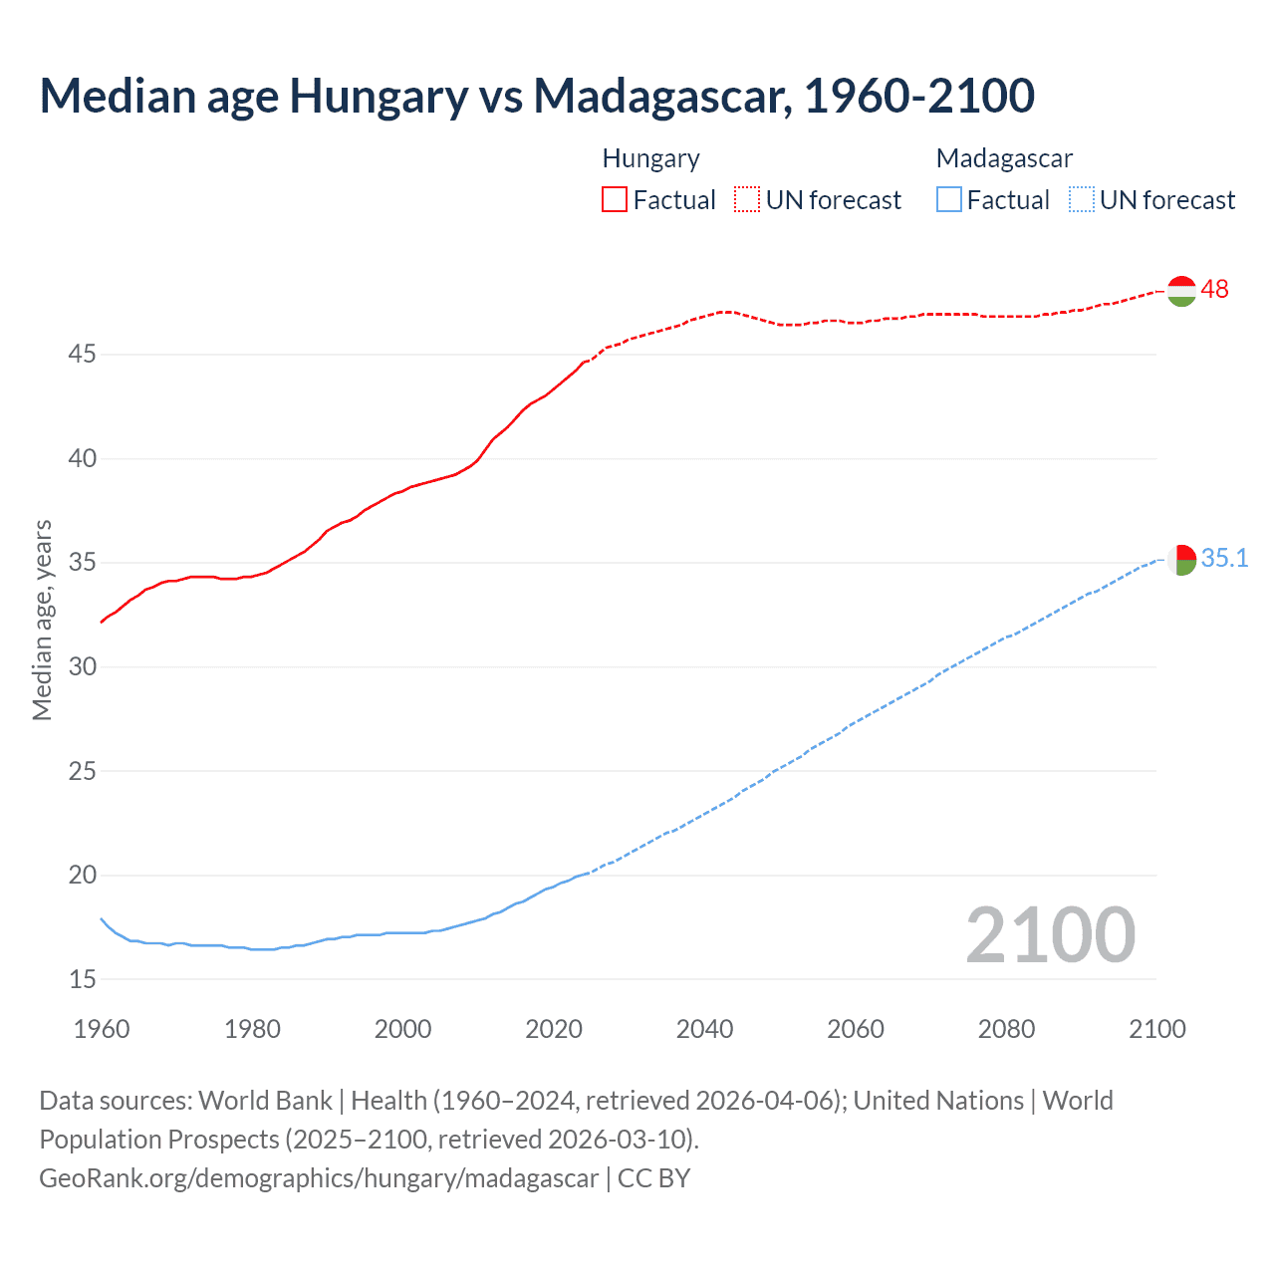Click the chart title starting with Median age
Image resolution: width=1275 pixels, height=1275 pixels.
(537, 96)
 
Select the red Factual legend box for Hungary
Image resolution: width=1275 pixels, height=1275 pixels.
(614, 200)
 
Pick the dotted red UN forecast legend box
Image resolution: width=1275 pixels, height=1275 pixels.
(746, 200)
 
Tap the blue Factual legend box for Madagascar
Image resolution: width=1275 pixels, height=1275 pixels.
(948, 200)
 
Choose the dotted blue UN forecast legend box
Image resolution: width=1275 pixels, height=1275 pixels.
(1081, 200)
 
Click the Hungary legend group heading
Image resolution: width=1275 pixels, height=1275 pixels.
(650, 158)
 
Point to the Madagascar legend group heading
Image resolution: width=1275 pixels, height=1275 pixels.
(1004, 158)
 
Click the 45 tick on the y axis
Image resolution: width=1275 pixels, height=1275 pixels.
(83, 355)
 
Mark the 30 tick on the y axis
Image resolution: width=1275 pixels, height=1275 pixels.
(83, 667)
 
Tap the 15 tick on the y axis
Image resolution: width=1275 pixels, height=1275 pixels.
(83, 980)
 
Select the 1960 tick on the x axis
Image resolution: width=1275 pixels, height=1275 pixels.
(102, 1029)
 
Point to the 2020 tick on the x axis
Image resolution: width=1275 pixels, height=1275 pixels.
(554, 1029)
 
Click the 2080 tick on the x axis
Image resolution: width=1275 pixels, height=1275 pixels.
(1006, 1029)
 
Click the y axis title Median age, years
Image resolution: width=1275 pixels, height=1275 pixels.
(42, 620)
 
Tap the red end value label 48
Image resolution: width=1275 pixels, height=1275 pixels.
(1214, 290)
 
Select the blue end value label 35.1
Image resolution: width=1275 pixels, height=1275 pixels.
(1224, 559)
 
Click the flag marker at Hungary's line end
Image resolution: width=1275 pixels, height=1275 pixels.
(1181, 291)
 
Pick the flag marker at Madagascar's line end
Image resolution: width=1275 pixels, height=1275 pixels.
(1181, 560)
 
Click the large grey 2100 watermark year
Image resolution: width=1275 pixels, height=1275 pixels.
(1050, 934)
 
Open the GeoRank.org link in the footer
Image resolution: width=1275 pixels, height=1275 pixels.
(319, 1178)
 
